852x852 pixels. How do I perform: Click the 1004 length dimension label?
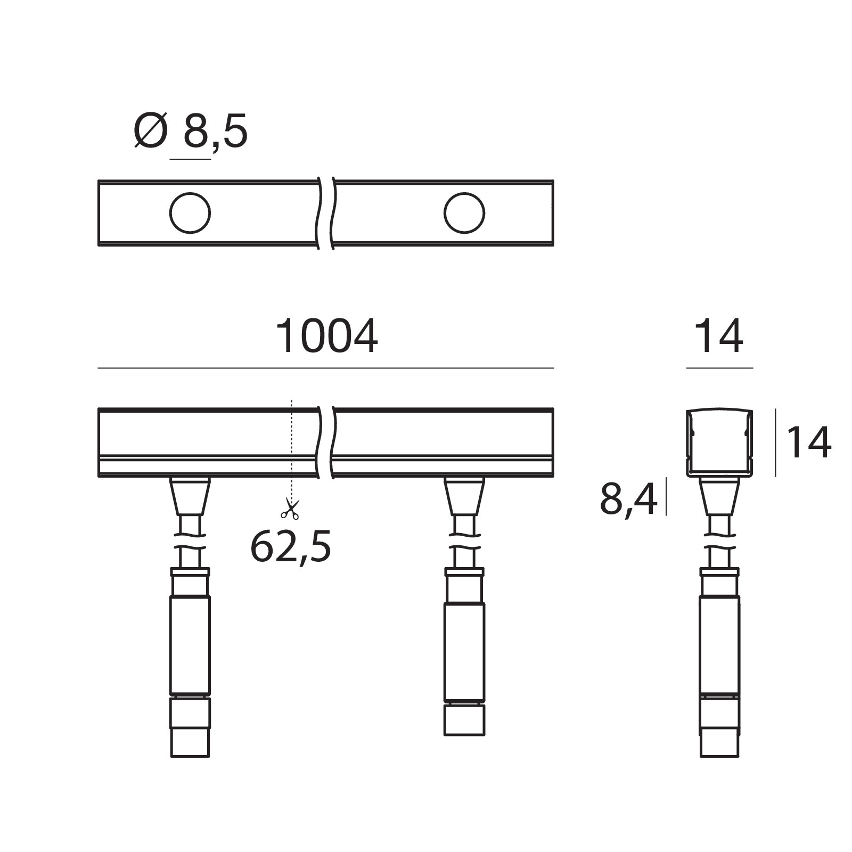tap(326, 337)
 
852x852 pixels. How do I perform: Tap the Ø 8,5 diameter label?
tap(191, 130)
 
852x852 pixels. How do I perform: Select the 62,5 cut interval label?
tap(291, 546)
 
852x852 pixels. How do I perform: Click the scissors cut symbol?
tap(290, 509)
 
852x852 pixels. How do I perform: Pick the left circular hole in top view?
tap(190, 213)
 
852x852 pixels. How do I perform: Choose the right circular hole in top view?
tap(464, 213)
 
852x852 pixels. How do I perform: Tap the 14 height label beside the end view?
tap(808, 442)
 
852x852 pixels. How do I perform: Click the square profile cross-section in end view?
tap(719, 443)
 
